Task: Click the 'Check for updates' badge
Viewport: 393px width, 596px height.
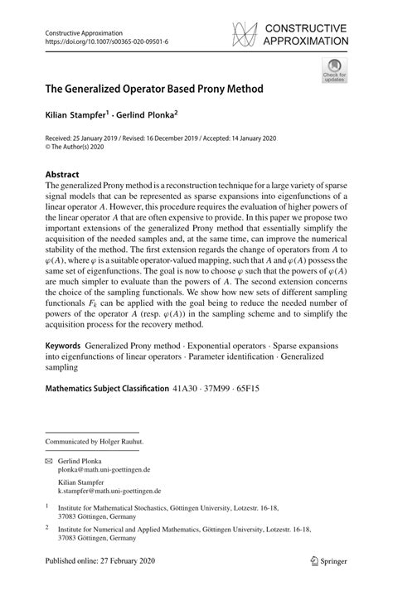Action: click(334, 70)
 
